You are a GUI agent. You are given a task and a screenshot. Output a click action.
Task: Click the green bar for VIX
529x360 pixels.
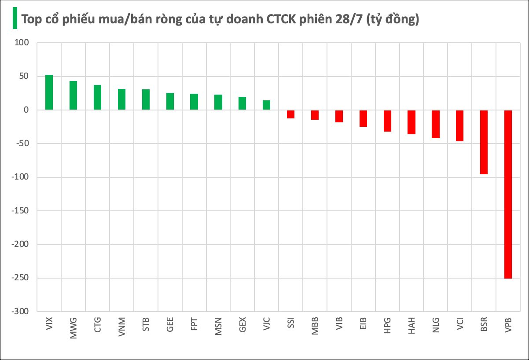coord(49,92)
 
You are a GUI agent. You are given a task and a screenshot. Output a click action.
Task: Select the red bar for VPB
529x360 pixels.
coord(508,194)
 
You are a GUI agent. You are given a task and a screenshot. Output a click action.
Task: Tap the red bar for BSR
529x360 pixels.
coord(484,142)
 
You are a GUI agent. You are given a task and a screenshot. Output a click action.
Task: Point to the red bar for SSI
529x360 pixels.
coord(290,114)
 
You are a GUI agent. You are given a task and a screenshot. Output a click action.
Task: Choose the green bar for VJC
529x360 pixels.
coord(266,105)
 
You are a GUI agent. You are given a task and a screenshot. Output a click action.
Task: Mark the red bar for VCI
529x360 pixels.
coord(459,126)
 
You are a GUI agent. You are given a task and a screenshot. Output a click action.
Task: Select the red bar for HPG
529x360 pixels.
coord(387,121)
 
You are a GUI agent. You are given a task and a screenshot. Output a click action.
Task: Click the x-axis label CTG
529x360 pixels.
coord(98,326)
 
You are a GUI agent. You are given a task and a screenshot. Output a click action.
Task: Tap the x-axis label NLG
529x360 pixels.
coord(436,326)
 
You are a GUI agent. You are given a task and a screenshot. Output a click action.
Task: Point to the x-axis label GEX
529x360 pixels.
coord(242,326)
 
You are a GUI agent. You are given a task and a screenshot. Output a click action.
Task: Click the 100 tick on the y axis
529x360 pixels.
coord(22,43)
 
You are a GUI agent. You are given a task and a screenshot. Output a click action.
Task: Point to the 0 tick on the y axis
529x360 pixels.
coord(26,110)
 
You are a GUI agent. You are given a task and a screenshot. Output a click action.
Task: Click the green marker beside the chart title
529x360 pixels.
coord(15,18)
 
